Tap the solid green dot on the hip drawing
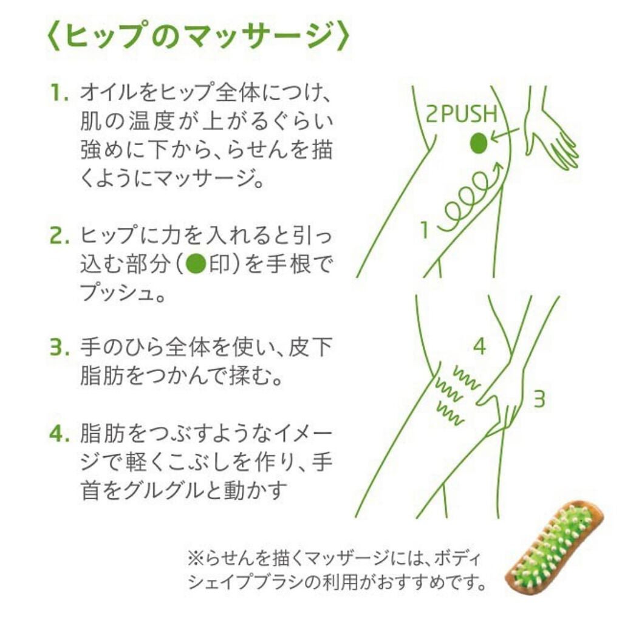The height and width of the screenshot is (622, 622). point(479,143)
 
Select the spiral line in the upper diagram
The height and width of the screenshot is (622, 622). point(471,194)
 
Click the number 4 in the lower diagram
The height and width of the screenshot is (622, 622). point(479,347)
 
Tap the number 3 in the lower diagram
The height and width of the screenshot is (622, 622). point(539,399)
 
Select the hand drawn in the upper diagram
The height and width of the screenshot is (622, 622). point(550,137)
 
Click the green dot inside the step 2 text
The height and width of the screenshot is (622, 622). point(195,265)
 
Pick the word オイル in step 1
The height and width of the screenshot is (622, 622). point(109,94)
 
